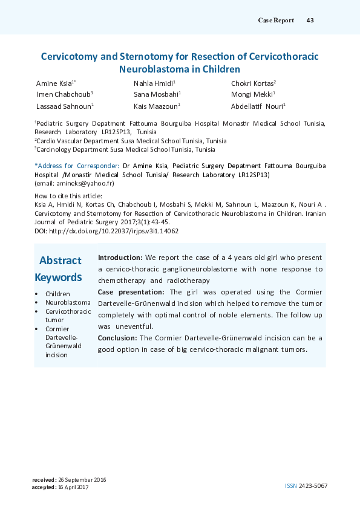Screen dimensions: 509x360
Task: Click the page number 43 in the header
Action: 310,20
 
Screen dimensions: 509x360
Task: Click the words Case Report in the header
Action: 276,20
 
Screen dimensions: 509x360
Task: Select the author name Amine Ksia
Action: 53,83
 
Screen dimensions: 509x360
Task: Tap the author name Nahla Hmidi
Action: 153,83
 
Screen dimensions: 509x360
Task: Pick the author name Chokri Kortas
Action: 252,83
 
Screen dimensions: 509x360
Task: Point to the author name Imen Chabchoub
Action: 63,94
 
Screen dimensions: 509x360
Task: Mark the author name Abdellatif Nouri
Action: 257,106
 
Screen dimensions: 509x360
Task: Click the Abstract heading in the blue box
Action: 60,261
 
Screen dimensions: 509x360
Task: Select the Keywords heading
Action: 58,277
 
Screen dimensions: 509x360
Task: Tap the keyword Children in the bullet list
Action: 57,294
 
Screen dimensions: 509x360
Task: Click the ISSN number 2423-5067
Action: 315,485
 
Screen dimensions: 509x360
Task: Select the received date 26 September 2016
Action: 82,479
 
